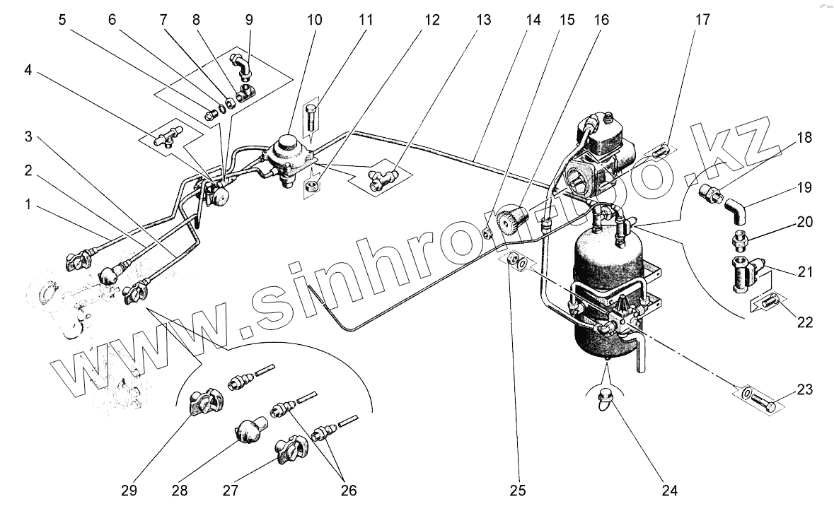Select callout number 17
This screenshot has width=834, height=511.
(x=702, y=20)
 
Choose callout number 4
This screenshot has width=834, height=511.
(x=28, y=71)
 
